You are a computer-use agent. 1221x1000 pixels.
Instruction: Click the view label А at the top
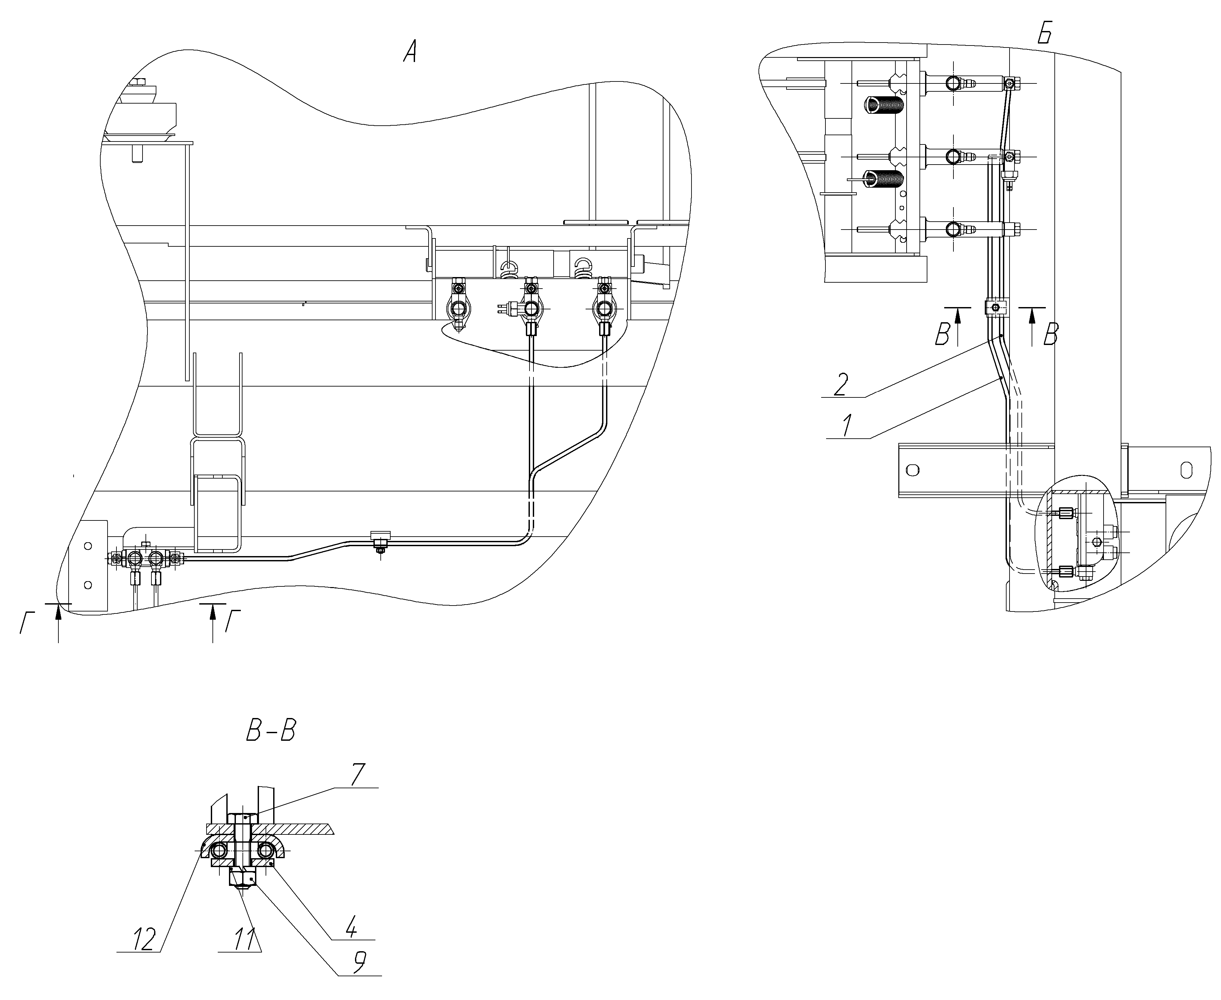[410, 53]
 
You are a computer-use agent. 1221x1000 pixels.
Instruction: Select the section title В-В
[271, 732]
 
